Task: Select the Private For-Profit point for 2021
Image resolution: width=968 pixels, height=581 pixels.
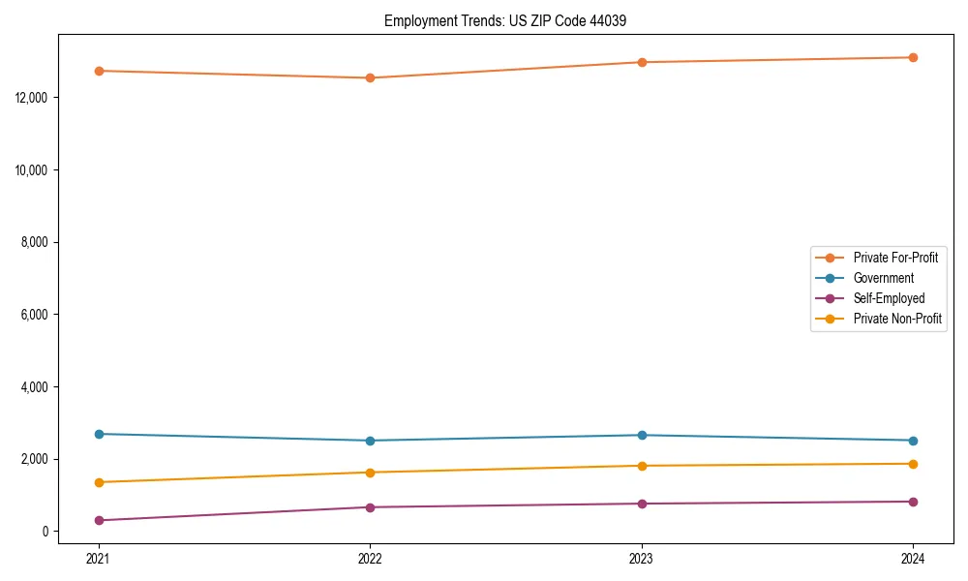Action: (99, 71)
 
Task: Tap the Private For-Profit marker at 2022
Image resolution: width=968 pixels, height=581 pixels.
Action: (370, 77)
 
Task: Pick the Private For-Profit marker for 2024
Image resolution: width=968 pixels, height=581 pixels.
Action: (913, 57)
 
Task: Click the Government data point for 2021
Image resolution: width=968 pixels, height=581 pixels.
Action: (99, 434)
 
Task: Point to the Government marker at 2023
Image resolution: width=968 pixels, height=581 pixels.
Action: (642, 435)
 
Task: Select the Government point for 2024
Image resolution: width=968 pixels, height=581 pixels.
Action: (913, 441)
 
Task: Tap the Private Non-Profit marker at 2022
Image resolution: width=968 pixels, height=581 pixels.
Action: (370, 473)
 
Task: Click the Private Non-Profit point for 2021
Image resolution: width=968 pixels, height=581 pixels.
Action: (99, 482)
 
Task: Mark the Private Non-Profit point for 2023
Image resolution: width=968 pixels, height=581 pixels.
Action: (642, 466)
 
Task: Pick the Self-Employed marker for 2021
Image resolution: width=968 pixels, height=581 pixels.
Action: (99, 520)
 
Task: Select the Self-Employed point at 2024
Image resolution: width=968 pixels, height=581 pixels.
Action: (913, 502)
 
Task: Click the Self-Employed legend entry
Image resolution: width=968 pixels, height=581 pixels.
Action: (889, 298)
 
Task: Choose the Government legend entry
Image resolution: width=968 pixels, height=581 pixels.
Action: (883, 278)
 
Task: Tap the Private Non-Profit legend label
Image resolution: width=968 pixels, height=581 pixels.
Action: (897, 319)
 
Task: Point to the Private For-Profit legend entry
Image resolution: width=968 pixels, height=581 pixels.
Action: (895, 258)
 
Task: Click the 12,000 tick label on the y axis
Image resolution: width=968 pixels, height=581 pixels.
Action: (35, 98)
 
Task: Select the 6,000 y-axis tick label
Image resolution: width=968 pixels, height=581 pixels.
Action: (38, 315)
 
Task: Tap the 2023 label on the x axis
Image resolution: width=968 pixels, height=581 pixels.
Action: (642, 559)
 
